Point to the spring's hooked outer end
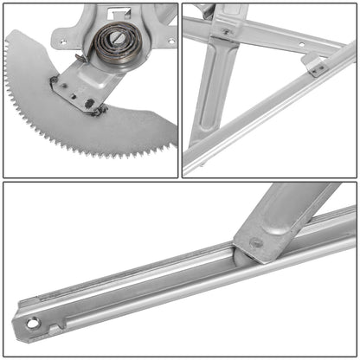point(80,59)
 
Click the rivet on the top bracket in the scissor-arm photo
point(227,32)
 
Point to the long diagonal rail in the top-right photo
point(277,112)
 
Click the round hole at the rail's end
point(33,325)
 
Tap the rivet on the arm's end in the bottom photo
point(256,243)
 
